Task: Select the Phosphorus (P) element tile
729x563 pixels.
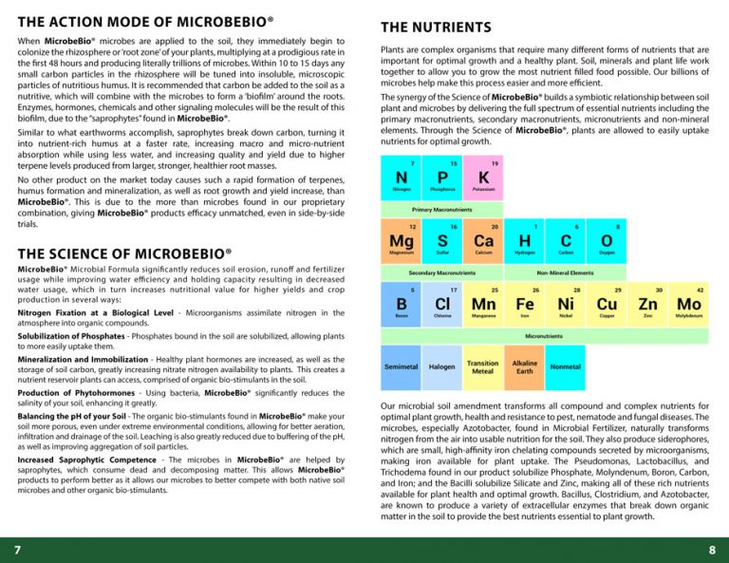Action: [x=442, y=178]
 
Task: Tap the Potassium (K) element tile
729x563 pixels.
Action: [x=483, y=178]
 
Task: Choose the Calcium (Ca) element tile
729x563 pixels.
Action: [x=483, y=241]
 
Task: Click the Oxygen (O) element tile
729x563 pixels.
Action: [x=607, y=241]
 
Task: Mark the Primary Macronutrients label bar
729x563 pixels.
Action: [x=441, y=209]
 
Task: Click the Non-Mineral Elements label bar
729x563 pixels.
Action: [x=566, y=272]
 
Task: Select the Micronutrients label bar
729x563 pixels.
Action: [x=544, y=335]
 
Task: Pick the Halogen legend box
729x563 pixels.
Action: [x=442, y=366]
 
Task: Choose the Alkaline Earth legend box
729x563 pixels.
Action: [x=524, y=366]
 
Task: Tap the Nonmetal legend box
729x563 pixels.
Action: [x=566, y=366]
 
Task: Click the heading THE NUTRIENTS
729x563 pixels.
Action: [x=436, y=28]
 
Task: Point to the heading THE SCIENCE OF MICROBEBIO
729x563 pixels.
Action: [x=124, y=253]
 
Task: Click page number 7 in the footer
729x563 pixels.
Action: [x=17, y=550]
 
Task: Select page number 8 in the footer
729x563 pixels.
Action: [x=712, y=550]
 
